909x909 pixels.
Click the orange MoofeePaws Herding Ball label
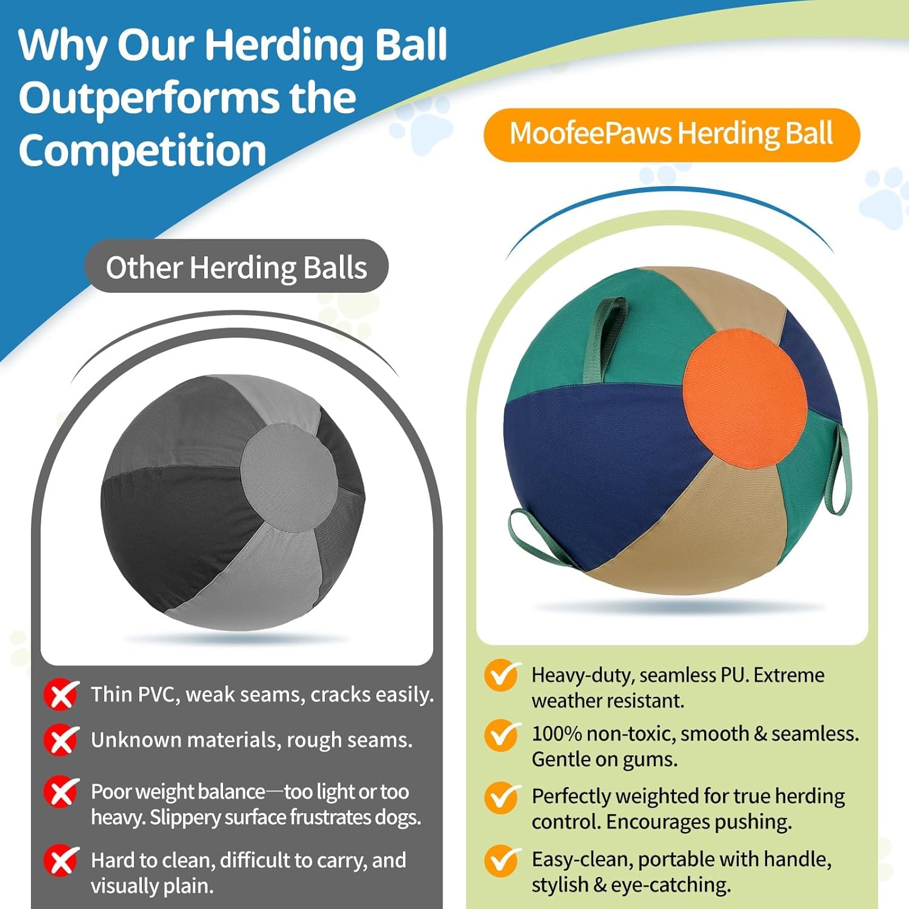[x=671, y=135]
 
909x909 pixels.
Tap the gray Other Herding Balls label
[x=236, y=267]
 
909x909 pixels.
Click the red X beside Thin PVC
[x=61, y=694]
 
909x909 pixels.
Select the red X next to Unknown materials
[x=61, y=739]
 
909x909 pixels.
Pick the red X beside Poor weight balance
[x=61, y=791]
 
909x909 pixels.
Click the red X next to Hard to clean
[x=61, y=861]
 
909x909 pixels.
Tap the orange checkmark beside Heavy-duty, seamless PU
[x=502, y=676]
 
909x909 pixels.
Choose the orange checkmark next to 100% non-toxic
[x=502, y=734]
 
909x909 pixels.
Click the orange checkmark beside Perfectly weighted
[x=502, y=797]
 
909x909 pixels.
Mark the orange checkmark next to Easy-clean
[x=502, y=861]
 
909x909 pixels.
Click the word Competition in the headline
[x=142, y=151]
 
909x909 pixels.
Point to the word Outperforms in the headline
[x=187, y=98]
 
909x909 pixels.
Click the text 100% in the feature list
[x=556, y=733]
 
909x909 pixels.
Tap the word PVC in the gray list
[x=159, y=694]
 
